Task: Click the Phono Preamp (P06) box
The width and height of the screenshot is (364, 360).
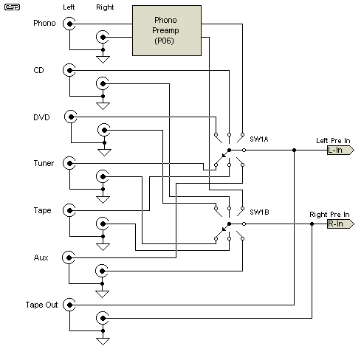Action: pyautogui.click(x=167, y=31)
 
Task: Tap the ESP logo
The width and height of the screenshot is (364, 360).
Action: pyautogui.click(x=12, y=7)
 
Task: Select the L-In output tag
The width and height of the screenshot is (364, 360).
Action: pyautogui.click(x=340, y=150)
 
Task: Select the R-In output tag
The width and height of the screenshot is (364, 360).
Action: pyautogui.click(x=340, y=224)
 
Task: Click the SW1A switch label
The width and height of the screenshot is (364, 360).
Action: pyautogui.click(x=259, y=139)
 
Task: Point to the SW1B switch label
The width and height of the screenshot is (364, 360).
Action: pyautogui.click(x=259, y=212)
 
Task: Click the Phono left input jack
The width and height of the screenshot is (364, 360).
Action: pyautogui.click(x=69, y=24)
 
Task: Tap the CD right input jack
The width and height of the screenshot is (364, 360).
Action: pyautogui.click(x=103, y=84)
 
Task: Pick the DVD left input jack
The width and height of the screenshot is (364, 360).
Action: pyautogui.click(x=71, y=117)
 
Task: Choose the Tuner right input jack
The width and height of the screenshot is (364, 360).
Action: pyautogui.click(x=103, y=176)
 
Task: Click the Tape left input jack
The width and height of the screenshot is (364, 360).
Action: pyautogui.click(x=69, y=210)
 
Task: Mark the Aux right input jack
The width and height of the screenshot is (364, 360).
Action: pyautogui.click(x=102, y=271)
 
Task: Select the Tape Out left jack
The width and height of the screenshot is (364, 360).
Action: pyautogui.click(x=69, y=305)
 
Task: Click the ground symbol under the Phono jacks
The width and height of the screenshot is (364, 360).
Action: pyautogui.click(x=103, y=60)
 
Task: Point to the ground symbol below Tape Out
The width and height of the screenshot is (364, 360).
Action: pyautogui.click(x=103, y=342)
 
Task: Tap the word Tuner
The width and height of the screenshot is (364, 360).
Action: pyautogui.click(x=44, y=163)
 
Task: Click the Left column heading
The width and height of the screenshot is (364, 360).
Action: pyautogui.click(x=69, y=7)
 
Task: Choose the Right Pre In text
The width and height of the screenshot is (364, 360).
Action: pyautogui.click(x=329, y=215)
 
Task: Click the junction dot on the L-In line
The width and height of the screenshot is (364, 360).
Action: pyautogui.click(x=294, y=150)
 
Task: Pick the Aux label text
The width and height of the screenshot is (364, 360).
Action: pyautogui.click(x=41, y=257)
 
